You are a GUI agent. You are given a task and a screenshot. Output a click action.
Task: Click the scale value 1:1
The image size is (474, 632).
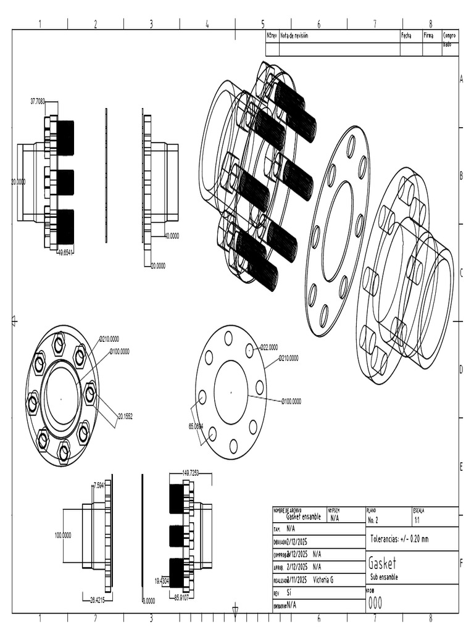coord(418,520)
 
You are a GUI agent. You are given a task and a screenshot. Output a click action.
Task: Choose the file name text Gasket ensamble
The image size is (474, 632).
coord(303,517)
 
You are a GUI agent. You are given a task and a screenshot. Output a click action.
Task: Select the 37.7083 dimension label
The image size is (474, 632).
coord(38,101)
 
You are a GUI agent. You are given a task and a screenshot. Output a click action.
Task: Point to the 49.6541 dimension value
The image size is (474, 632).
coord(65,252)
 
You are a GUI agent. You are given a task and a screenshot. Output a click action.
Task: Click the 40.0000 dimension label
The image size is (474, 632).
coord(172,235)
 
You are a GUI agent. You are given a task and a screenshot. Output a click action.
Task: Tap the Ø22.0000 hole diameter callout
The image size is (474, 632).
coord(268,347)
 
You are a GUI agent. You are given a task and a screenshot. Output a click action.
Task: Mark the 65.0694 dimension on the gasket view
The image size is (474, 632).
coord(196,426)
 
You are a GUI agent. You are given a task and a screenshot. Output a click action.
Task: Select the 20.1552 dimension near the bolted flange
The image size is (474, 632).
coord(125,417)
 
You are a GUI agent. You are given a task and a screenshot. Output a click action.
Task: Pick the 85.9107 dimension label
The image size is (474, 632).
coord(185,597)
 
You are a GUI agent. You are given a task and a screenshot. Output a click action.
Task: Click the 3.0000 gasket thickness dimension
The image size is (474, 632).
coord(149,600)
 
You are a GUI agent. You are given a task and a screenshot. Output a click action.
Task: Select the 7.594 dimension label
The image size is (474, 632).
coord(99,484)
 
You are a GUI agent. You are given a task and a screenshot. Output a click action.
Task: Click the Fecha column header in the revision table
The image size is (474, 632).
coord(406,36)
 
